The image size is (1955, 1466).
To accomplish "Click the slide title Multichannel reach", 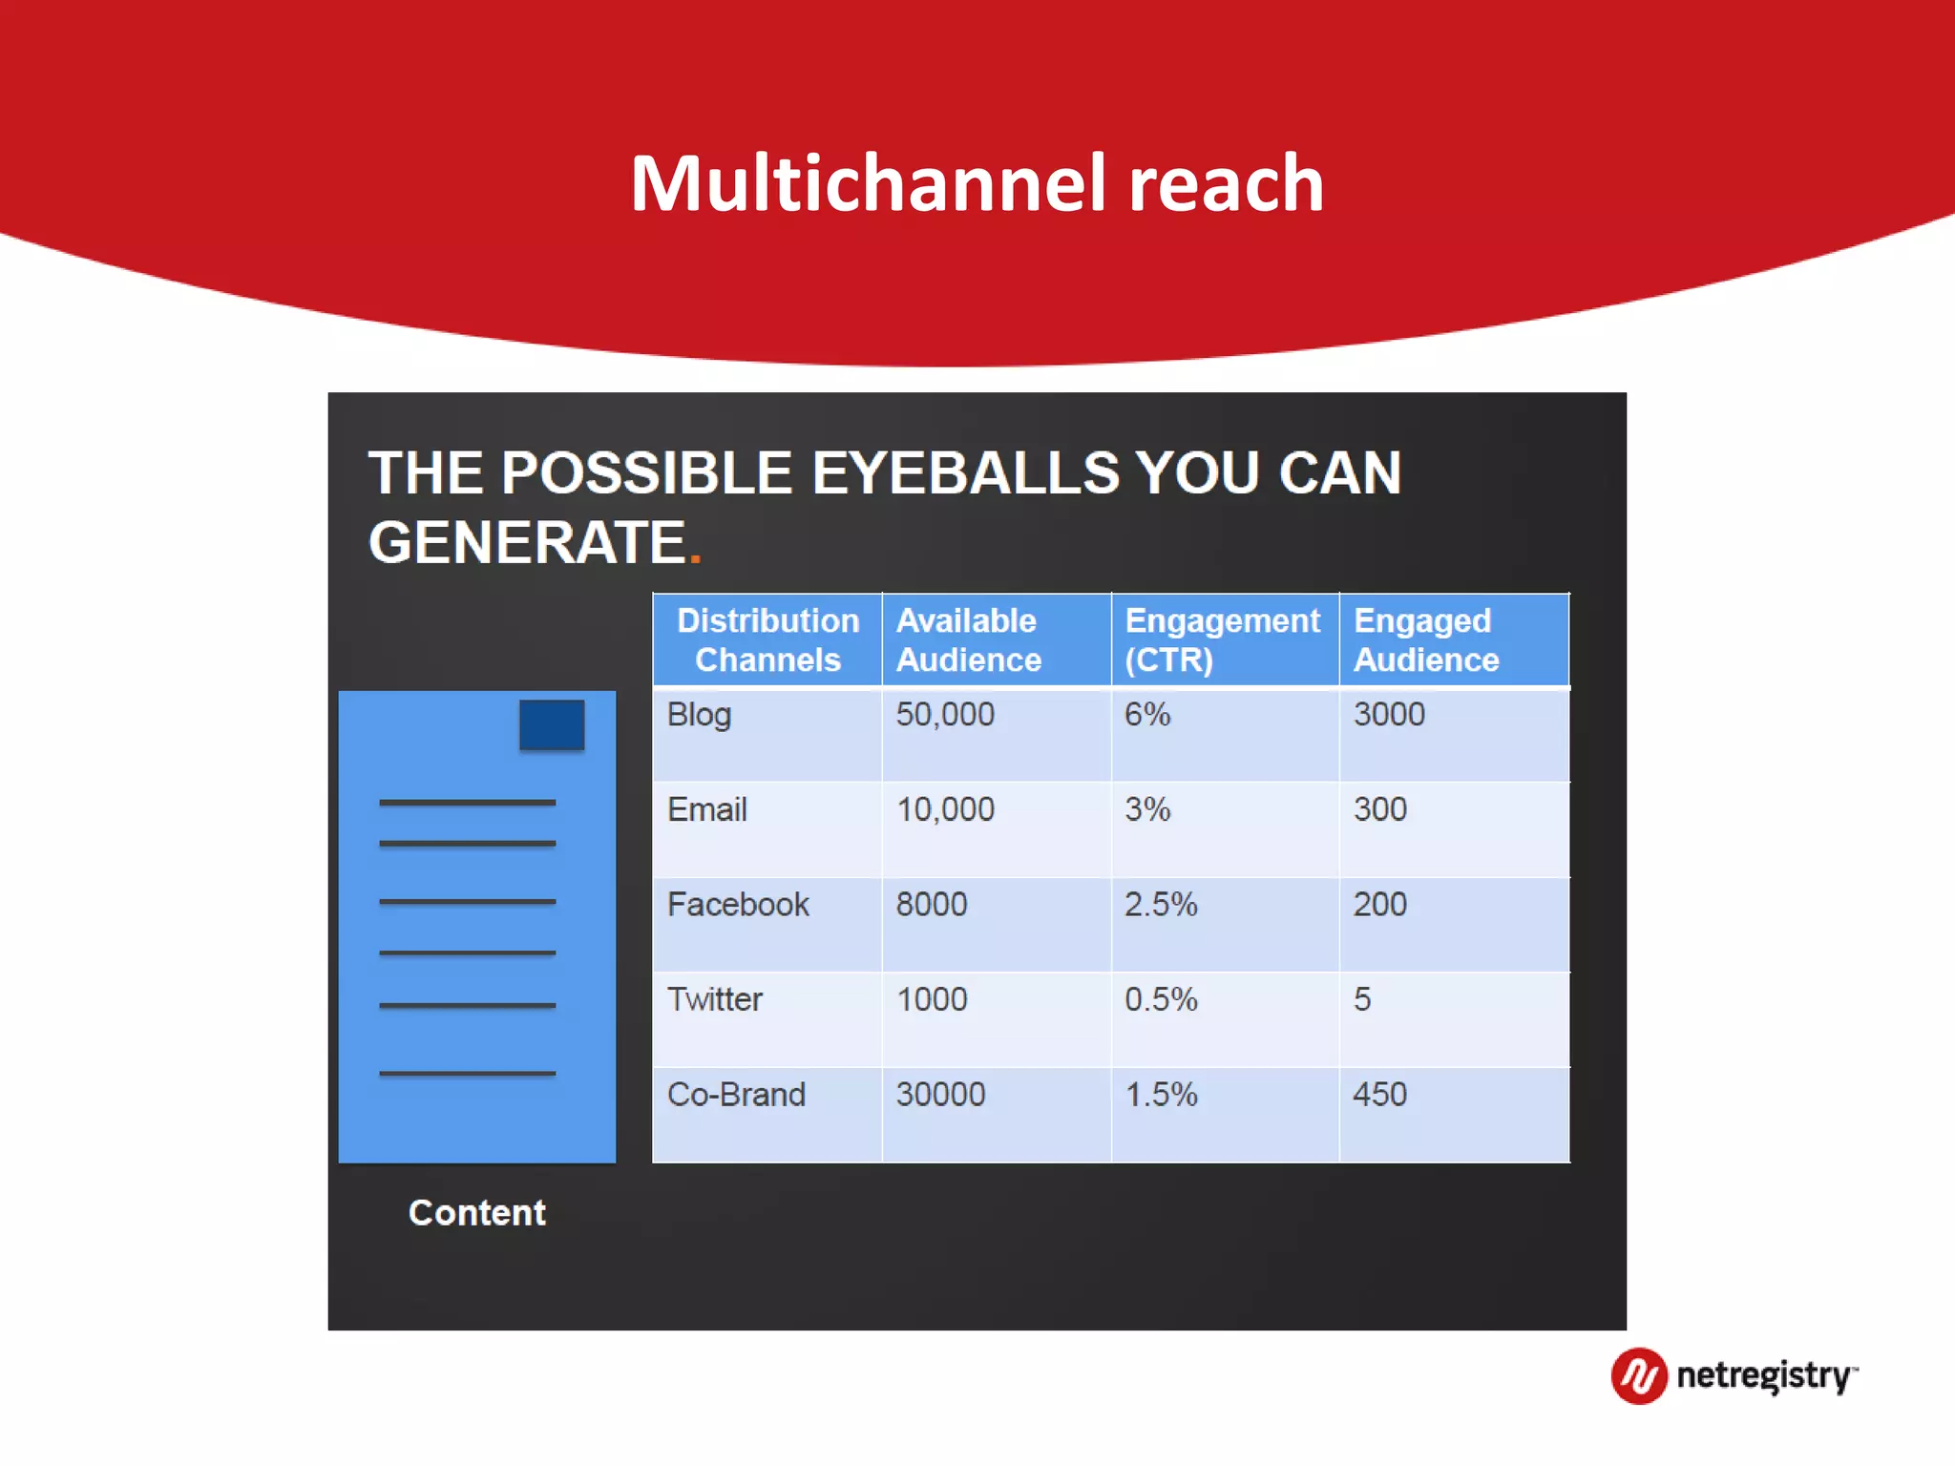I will pyautogui.click(x=977, y=183).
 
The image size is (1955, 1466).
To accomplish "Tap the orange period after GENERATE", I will pyautogui.click(x=696, y=556).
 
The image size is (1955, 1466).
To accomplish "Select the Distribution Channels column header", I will pyautogui.click(x=767, y=639).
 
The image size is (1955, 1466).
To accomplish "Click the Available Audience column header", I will pyautogui.click(x=968, y=639).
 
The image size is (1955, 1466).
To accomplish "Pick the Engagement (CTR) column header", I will pyautogui.click(x=1222, y=639).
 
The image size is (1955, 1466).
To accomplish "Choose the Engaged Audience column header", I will pyautogui.click(x=1426, y=639).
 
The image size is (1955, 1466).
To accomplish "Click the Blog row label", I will pyautogui.click(x=699, y=715).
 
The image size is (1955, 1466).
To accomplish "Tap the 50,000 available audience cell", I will pyautogui.click(x=944, y=714).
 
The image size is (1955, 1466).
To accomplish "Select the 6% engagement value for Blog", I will pyautogui.click(x=1146, y=714).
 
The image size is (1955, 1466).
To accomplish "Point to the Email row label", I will pyautogui.click(x=706, y=809).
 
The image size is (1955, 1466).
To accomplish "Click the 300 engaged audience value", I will pyautogui.click(x=1379, y=809).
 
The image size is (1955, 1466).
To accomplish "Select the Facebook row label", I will pyautogui.click(x=737, y=904).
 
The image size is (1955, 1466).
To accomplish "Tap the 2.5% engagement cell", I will pyautogui.click(x=1160, y=904).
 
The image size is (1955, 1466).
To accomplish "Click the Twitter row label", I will pyautogui.click(x=714, y=999).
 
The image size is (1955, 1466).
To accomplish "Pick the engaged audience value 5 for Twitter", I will pyautogui.click(x=1361, y=999).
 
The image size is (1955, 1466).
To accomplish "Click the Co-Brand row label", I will pyautogui.click(x=736, y=1094).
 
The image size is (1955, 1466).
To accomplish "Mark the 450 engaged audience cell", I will pyautogui.click(x=1379, y=1094).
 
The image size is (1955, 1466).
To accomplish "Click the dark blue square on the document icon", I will pyautogui.click(x=552, y=724).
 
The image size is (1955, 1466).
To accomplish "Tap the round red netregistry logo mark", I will pyautogui.click(x=1639, y=1375).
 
